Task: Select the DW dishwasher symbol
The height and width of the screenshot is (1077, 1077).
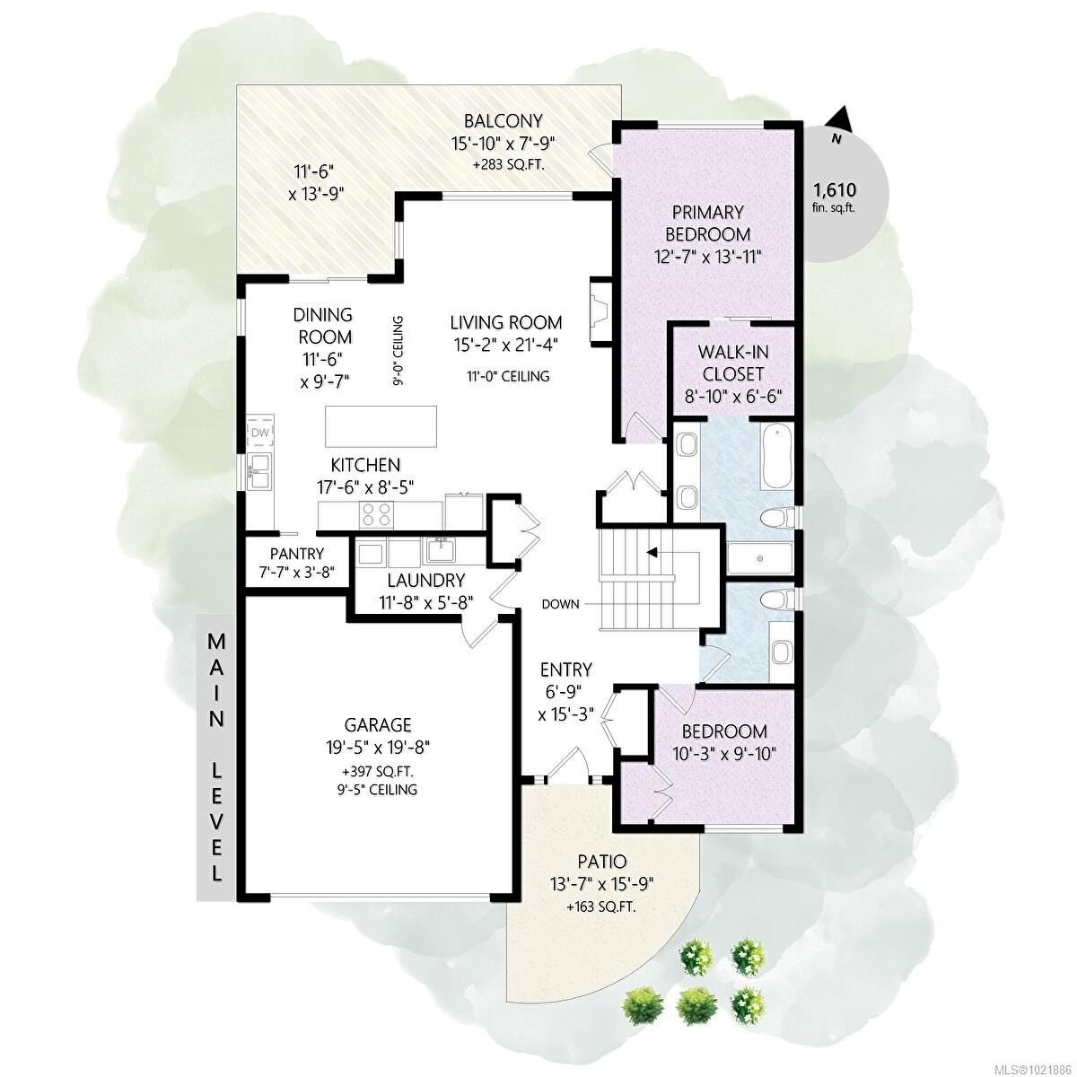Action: coord(259,433)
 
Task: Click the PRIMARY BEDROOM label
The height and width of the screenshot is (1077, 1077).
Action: coord(708,223)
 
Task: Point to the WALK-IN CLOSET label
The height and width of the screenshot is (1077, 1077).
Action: coord(731,363)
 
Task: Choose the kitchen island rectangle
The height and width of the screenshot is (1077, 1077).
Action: coord(381,425)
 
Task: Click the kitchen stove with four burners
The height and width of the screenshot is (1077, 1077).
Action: coord(376,514)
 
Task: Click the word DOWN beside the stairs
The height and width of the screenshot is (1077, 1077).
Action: coord(560,604)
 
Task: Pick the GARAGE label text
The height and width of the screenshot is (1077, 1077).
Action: coord(378,724)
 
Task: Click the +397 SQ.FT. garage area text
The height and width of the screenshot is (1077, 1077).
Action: coord(378,771)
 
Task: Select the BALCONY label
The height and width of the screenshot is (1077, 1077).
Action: coord(503,121)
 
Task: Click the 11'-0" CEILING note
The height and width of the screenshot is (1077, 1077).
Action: coord(508,376)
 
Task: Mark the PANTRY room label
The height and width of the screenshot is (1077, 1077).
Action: coord(296,554)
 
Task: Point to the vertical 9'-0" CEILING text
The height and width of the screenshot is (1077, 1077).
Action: coord(398,350)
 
